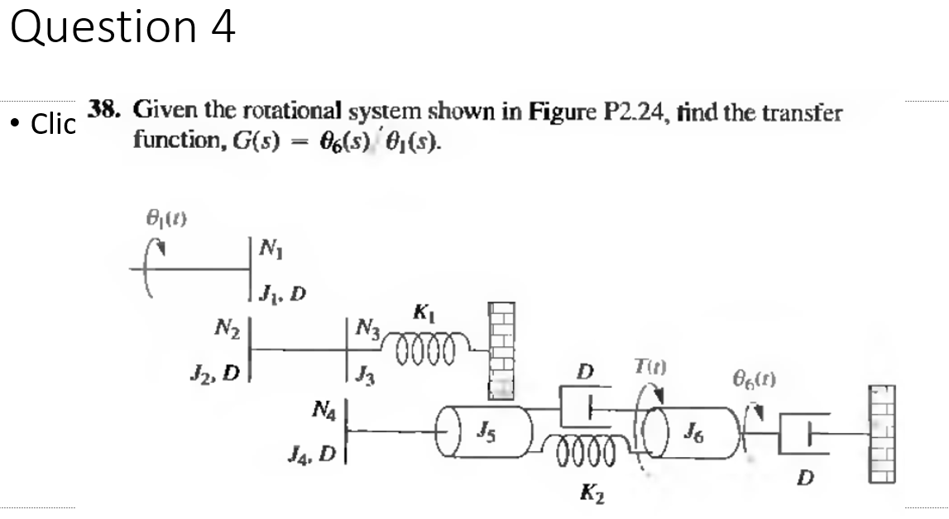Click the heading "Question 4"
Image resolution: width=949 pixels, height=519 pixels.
click(122, 27)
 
